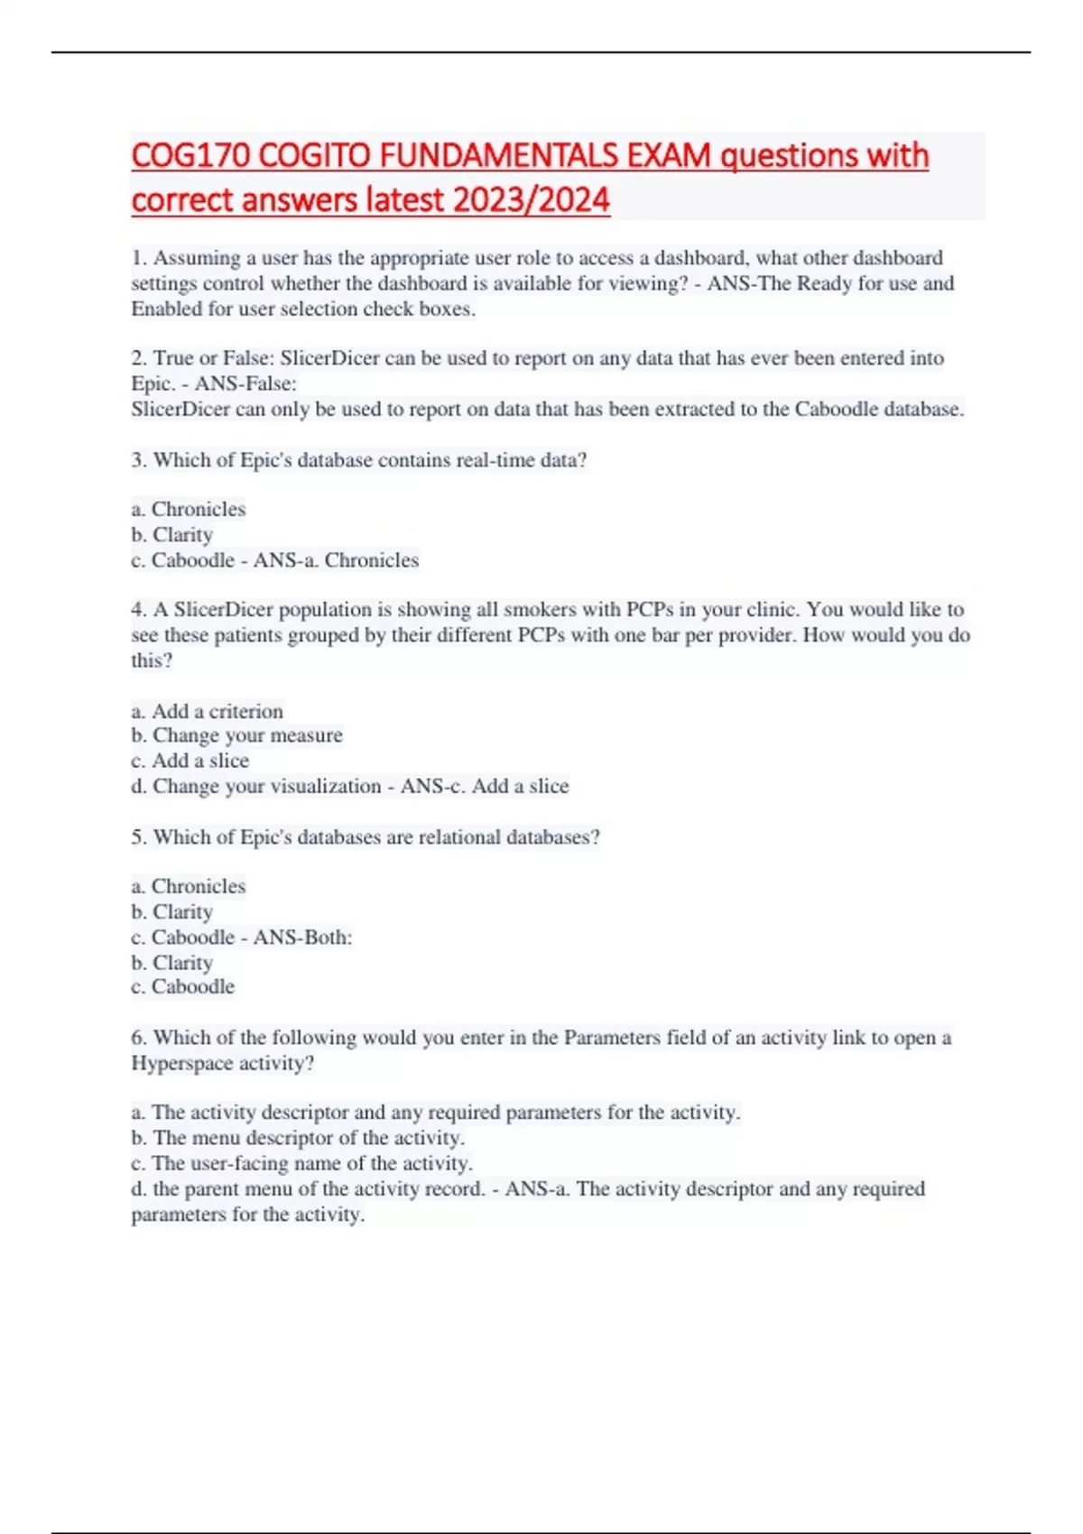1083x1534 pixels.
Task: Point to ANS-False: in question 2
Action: tap(245, 383)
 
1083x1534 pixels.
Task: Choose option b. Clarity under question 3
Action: tap(171, 535)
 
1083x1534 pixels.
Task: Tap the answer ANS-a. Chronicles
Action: tap(336, 560)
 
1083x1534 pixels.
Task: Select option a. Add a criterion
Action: tap(207, 711)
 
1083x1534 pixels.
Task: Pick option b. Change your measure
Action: tap(236, 735)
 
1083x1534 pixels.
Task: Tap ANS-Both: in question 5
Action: tap(302, 938)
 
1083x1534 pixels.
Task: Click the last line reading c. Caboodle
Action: tap(182, 987)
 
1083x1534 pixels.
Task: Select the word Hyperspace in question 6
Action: tap(182, 1063)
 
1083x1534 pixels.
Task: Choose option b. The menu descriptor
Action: tap(298, 1138)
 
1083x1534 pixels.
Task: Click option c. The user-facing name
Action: tap(301, 1163)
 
